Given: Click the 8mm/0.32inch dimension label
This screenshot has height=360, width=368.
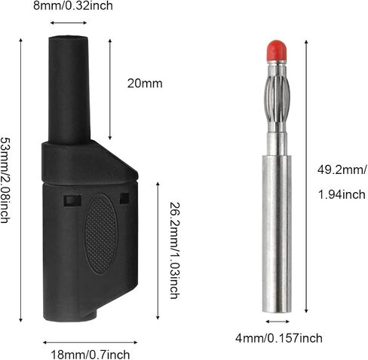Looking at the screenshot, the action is point(73,6).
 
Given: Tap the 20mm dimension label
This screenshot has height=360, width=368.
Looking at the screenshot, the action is point(145,84).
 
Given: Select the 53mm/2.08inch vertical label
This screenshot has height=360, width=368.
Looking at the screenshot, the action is point(5,180).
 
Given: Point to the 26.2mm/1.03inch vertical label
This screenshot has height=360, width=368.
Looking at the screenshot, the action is point(175,251).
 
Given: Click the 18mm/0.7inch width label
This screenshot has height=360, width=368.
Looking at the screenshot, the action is point(90,355).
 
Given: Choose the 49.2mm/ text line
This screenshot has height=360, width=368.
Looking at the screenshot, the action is point(342,170).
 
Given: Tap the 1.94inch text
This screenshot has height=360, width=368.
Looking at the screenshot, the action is point(342,194).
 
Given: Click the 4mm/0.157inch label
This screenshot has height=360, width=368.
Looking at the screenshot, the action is point(279,338).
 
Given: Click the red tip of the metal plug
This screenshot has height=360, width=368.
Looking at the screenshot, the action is point(277,50).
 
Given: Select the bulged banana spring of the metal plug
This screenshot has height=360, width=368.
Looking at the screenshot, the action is point(277,98).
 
